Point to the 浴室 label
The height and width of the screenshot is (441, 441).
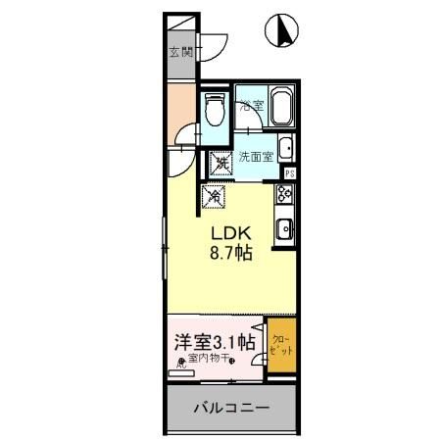point(252,105)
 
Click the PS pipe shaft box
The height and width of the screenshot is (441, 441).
point(289,173)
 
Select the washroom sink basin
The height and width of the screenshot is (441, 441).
point(285,150)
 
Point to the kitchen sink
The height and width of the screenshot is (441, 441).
point(285,230)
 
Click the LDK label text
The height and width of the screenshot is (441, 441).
point(231,233)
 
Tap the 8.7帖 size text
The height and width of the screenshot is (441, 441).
point(231,253)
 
